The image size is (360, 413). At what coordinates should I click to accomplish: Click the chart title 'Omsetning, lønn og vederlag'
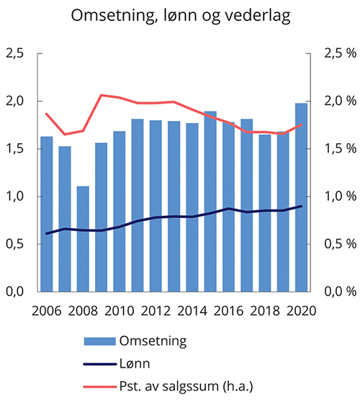click(x=180, y=17)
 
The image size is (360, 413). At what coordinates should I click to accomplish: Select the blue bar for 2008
click(x=83, y=239)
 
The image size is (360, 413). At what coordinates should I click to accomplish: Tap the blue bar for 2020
click(x=302, y=198)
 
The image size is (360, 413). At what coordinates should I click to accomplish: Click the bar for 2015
click(x=210, y=201)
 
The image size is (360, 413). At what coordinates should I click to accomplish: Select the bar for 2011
click(x=138, y=205)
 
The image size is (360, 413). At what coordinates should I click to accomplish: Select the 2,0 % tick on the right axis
click(x=338, y=101)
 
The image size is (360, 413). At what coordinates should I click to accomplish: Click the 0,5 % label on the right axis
click(x=338, y=244)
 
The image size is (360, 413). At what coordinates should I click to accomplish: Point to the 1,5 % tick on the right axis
click(x=338, y=149)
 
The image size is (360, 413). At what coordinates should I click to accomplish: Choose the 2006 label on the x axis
click(x=47, y=310)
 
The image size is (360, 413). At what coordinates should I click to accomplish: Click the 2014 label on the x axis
click(x=192, y=310)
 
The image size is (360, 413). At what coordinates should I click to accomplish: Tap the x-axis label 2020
click(x=302, y=310)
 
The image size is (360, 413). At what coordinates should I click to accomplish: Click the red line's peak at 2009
click(x=101, y=95)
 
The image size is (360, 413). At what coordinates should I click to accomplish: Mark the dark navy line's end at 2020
click(x=302, y=206)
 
